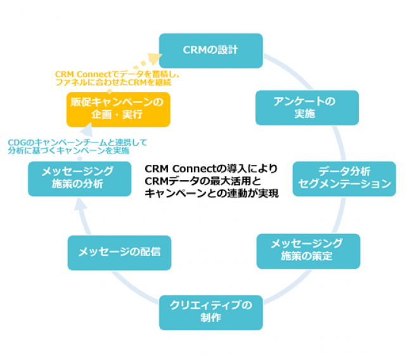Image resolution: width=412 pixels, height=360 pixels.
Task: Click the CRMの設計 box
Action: (210, 51)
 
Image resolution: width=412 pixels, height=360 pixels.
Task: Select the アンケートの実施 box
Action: (307, 108)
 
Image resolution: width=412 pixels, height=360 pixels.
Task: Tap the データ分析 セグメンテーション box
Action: (344, 179)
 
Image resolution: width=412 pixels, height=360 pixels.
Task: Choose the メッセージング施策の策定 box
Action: (308, 251)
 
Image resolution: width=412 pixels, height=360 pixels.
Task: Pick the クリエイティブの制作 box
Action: (210, 312)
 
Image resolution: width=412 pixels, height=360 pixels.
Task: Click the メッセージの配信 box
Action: (119, 253)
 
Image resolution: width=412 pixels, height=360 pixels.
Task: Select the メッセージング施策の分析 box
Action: (80, 179)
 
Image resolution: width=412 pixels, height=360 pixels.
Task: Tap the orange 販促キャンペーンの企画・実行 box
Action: (119, 109)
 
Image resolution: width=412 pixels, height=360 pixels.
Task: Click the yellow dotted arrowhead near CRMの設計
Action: (155, 59)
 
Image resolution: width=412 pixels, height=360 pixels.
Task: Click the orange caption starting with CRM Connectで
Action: (117, 78)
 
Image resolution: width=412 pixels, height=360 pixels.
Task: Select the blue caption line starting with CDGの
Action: (77, 143)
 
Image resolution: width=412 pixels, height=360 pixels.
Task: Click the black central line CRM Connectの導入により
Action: (211, 169)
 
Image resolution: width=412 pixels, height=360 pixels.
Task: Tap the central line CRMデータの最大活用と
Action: (203, 181)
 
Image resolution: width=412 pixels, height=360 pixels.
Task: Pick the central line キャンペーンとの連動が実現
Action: (212, 193)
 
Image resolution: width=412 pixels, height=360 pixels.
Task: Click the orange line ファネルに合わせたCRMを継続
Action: (113, 82)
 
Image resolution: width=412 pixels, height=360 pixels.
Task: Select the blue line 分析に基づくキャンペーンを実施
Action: (68, 151)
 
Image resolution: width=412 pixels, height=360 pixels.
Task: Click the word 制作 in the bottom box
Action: (210, 318)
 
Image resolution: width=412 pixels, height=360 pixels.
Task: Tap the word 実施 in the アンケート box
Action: (304, 114)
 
